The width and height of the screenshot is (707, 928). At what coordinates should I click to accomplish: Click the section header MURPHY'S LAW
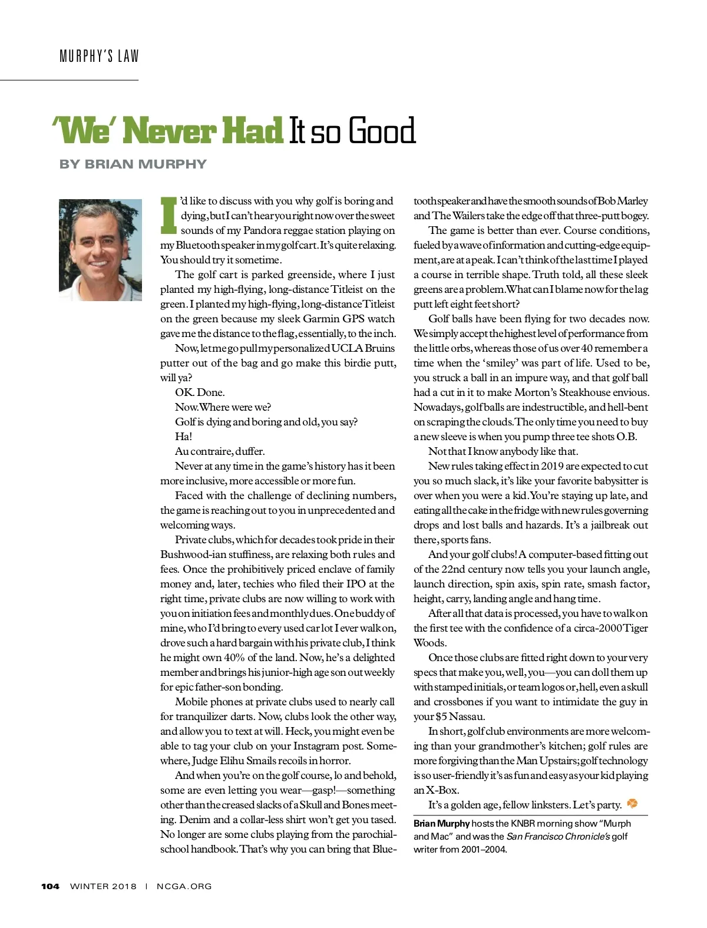[x=99, y=57]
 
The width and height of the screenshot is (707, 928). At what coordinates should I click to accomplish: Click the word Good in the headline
[x=382, y=131]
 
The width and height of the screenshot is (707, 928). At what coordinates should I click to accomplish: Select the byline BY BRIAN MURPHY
[x=133, y=164]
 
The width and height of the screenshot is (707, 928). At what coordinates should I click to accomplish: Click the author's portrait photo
[x=100, y=250]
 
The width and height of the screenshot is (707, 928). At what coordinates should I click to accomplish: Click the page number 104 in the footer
[x=50, y=886]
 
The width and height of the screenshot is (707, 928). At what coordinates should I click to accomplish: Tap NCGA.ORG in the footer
[x=184, y=886]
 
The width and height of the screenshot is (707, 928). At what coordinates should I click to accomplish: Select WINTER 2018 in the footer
[x=103, y=886]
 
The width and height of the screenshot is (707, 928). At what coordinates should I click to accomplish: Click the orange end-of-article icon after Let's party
[x=632, y=804]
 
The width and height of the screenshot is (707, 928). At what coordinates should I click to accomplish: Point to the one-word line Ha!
[x=183, y=437]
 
